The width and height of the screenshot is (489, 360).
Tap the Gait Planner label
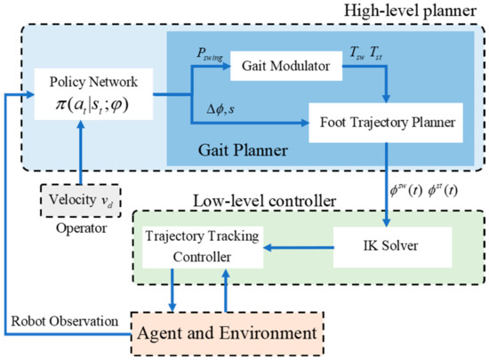pyautogui.click(x=261, y=148)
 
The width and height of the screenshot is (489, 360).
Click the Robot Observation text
pyautogui.click(x=64, y=322)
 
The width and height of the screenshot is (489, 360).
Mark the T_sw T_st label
pyautogui.click(x=364, y=54)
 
